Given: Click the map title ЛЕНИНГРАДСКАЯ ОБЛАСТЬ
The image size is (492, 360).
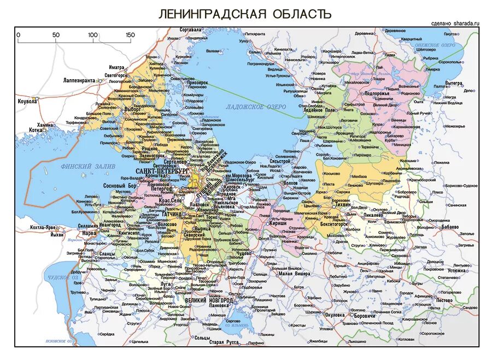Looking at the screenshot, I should pyautogui.click(x=244, y=14).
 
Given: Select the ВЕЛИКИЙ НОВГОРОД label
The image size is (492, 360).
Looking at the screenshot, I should pyautogui.click(x=209, y=300).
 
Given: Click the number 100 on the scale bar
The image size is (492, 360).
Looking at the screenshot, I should pyautogui.click(x=92, y=35).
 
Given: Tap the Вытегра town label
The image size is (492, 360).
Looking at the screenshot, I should pyautogui.click(x=454, y=82).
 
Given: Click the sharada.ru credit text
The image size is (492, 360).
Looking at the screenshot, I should pyautogui.click(x=455, y=23).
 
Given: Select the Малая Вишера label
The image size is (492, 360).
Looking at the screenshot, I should pyautogui.click(x=296, y=273).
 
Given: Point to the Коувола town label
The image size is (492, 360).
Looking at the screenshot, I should pyautogui.click(x=27, y=101).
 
